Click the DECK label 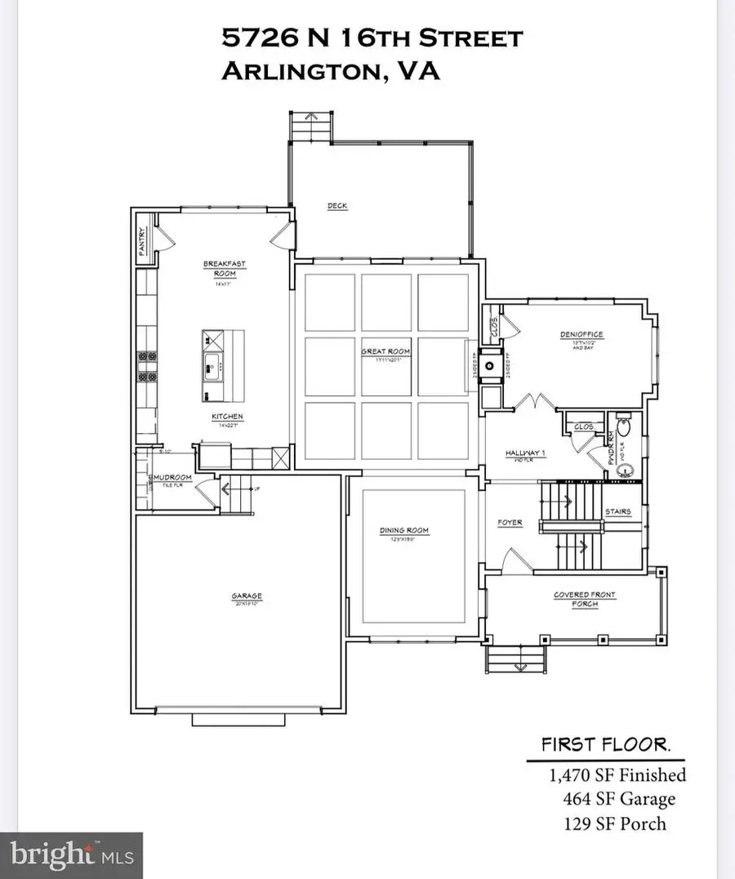tap(337, 206)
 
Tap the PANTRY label tap(141, 243)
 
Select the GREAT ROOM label tap(385, 351)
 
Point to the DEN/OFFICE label tap(582, 335)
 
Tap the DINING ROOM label tap(404, 530)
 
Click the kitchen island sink tap(211, 364)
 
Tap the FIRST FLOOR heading tap(606, 745)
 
